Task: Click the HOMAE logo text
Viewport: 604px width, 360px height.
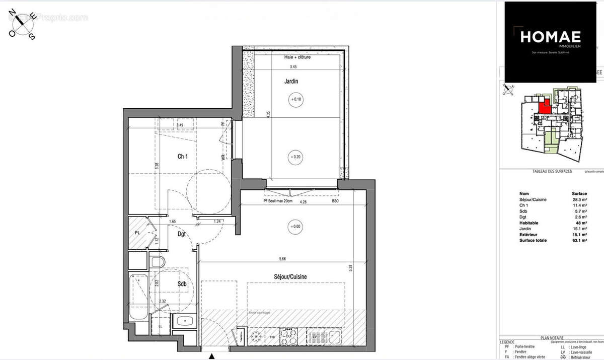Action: [x=550, y=36]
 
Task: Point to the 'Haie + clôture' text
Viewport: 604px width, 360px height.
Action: [x=297, y=57]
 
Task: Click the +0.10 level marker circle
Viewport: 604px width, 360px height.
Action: [x=295, y=100]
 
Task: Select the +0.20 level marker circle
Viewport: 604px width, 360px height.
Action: [x=295, y=157]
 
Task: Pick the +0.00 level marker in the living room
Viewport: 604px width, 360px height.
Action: [x=295, y=227]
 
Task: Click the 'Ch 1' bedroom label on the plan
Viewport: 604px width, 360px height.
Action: [x=183, y=157]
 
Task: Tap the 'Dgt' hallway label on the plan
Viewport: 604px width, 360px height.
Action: [x=182, y=234]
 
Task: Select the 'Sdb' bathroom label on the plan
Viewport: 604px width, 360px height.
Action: [x=182, y=284]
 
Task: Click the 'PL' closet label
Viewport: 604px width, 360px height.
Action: [x=137, y=233]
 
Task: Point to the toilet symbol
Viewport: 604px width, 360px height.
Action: [x=157, y=262]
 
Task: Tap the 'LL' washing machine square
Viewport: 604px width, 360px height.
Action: [x=161, y=326]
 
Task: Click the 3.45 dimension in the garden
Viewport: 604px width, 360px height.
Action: [x=293, y=66]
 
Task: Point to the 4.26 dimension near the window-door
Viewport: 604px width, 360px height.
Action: [x=303, y=202]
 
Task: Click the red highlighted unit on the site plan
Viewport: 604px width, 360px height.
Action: [x=544, y=107]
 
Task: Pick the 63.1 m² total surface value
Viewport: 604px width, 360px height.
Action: [x=579, y=240]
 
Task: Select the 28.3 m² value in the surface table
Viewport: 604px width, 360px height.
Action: [x=579, y=199]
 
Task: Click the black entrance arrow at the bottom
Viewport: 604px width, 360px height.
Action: [x=212, y=356]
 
